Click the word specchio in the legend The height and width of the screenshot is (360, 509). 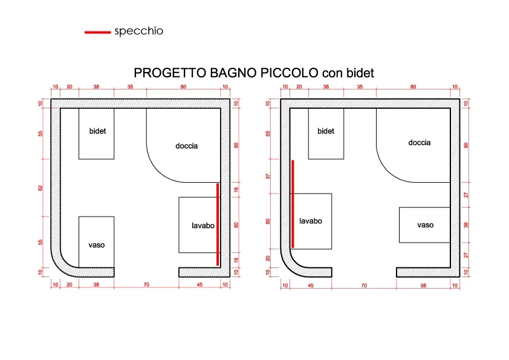coord(138,31)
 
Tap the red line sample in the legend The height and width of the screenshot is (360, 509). coord(98,32)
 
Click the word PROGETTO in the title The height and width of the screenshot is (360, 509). coord(170,73)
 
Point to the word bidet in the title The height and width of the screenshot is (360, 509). coord(360,73)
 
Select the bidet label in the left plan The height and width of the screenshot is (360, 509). coord(97,131)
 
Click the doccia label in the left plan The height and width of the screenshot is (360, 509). coord(186,146)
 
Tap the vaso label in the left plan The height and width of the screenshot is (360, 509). coord(96,245)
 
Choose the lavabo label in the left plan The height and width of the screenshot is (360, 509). coord(203,226)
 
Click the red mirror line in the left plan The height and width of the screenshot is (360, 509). coord(218,224)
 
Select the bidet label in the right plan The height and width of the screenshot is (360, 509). coord(326,131)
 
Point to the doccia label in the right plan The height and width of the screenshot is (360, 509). coord(420,143)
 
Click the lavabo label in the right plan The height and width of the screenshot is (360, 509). coord(311,221)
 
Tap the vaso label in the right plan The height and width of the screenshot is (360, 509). coord(425,225)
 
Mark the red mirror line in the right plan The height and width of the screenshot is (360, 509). coord(293,204)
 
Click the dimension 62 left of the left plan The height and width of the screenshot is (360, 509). coord(41,188)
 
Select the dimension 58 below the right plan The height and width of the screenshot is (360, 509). coord(423,286)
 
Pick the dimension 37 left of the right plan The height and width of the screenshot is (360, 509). coord(268,177)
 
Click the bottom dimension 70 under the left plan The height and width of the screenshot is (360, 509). coord(146,284)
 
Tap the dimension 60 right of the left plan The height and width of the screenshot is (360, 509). coord(236,225)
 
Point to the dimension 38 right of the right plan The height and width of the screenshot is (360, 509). coord(466,225)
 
